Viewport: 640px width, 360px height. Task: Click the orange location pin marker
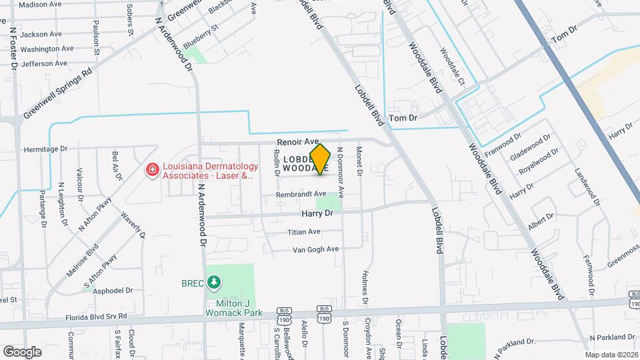click(321, 159)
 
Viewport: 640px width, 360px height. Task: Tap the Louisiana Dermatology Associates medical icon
click(152, 171)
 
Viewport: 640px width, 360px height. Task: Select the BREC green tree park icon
click(214, 283)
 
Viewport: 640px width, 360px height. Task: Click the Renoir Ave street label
click(299, 142)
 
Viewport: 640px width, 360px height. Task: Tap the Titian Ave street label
click(304, 232)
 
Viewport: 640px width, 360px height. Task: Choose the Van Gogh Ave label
click(316, 249)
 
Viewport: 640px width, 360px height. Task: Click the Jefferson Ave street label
click(44, 64)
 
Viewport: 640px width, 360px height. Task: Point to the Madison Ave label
click(40, 4)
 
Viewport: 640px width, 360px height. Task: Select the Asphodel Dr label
click(113, 291)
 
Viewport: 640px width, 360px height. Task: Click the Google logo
click(22, 351)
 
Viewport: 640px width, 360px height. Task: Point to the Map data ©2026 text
click(611, 355)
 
